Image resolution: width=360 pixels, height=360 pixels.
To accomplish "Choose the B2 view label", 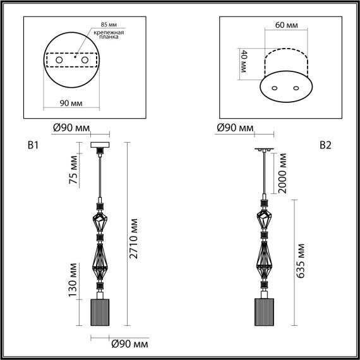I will click(325, 146).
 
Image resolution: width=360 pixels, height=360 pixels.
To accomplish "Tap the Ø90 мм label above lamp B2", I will click(235, 129).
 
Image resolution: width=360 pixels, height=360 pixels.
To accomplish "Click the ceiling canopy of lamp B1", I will click(100, 147).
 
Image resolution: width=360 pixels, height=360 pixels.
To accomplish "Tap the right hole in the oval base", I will click(293, 88).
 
